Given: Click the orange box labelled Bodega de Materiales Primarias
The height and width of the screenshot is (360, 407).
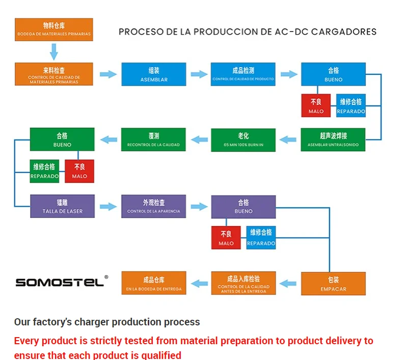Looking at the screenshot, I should (53, 30).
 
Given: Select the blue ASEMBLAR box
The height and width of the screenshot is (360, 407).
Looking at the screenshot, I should (154, 74).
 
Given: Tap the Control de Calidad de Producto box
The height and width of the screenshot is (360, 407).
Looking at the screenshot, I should (243, 74).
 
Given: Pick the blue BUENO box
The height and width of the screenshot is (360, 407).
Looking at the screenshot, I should (333, 74).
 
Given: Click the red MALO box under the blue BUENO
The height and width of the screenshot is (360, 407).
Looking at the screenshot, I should (316, 106).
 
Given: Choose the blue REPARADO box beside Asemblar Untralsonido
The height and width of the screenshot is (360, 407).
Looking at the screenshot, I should (351, 106).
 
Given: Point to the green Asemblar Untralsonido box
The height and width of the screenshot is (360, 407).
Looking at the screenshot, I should (333, 140).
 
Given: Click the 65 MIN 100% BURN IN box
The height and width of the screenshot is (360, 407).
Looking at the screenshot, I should (243, 140).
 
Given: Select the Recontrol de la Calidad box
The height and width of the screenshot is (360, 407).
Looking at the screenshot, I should (153, 140).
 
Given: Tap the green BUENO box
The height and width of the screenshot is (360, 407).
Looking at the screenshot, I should (62, 140).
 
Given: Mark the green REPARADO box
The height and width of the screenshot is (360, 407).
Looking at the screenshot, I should (45, 171).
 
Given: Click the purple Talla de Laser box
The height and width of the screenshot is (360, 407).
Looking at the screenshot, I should (62, 206).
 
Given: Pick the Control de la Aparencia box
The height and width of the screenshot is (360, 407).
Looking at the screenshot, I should (153, 206).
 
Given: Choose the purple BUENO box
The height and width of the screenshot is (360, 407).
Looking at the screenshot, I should (243, 206).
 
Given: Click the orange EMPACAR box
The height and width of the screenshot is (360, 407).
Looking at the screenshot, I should (333, 284).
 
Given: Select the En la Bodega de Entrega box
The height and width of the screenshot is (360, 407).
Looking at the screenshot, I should (153, 284).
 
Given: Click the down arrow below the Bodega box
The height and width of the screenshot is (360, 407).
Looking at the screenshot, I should (53, 51).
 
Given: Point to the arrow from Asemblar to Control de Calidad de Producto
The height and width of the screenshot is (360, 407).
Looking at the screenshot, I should (199, 74).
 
